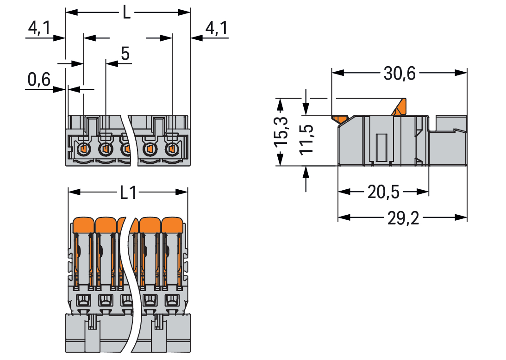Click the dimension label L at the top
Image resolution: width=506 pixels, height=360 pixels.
click(126, 12)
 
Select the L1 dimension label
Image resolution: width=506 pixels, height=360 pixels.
click(128, 192)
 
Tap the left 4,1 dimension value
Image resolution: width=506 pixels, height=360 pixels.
click(40, 29)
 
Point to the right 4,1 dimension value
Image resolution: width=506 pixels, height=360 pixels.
click(216, 29)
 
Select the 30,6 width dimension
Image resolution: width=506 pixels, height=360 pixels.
click(400, 73)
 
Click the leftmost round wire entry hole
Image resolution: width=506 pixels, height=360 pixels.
click(83, 149)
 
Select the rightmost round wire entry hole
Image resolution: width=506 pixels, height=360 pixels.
click(171, 149)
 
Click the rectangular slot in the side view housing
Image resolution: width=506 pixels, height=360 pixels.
click(381, 148)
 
